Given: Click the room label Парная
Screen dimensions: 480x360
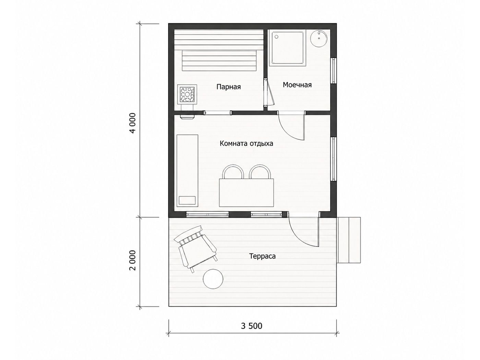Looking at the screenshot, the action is pos(229,87).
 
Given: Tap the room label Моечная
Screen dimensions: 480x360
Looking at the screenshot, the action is pos(297,85).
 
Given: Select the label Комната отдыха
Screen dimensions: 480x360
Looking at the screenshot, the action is pos(247,144).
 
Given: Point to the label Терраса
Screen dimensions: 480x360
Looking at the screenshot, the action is pos(262,256).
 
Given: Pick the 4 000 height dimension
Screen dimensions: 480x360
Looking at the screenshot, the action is pos(133,123).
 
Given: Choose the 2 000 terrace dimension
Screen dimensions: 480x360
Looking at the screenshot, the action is pos(133,260).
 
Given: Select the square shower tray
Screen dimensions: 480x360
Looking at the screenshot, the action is pos(287,49).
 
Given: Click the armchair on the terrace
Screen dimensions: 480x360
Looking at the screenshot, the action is pos(195,249).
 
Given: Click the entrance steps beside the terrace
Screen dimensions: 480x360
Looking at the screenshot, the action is pos(348,240).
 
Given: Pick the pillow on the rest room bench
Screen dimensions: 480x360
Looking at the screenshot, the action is pos(187,200).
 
